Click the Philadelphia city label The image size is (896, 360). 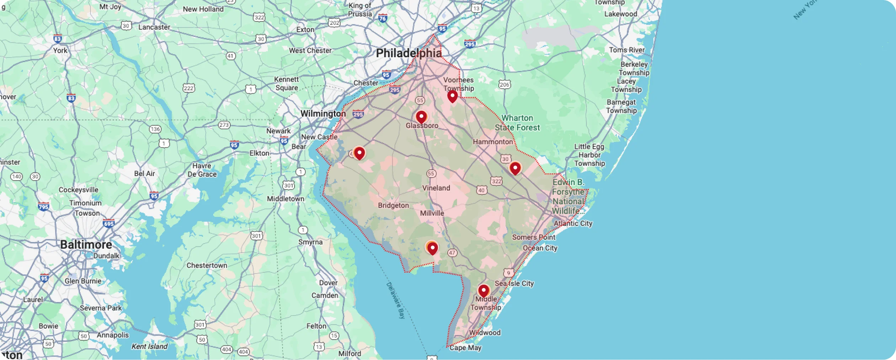[x=409, y=53]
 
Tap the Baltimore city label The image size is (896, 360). [x=86, y=245]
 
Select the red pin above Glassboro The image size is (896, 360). [x=421, y=117]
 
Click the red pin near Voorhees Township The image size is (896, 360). [x=452, y=96]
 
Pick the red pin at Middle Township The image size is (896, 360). [x=484, y=291]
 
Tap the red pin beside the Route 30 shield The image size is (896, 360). [x=515, y=168]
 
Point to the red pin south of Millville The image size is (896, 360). [x=432, y=248]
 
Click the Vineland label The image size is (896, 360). [x=436, y=188]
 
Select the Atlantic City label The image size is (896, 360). [x=573, y=224]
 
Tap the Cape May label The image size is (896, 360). [x=465, y=348]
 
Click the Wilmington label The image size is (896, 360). [x=323, y=114]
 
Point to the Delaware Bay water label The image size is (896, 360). [x=396, y=300]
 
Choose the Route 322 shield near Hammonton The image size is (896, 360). [x=496, y=181]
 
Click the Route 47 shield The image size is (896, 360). [x=452, y=253]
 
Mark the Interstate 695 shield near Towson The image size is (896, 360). [x=108, y=224]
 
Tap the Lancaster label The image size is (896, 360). [x=154, y=27]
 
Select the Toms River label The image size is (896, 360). [x=626, y=50]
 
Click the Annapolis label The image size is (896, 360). [x=113, y=335]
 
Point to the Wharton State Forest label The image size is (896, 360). [x=517, y=123]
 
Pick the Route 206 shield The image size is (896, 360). [x=504, y=85]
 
